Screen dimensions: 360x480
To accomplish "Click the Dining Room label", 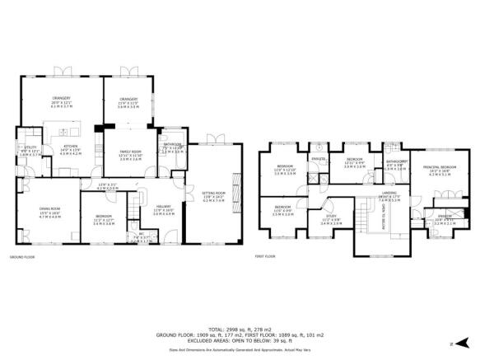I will point(50,212).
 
